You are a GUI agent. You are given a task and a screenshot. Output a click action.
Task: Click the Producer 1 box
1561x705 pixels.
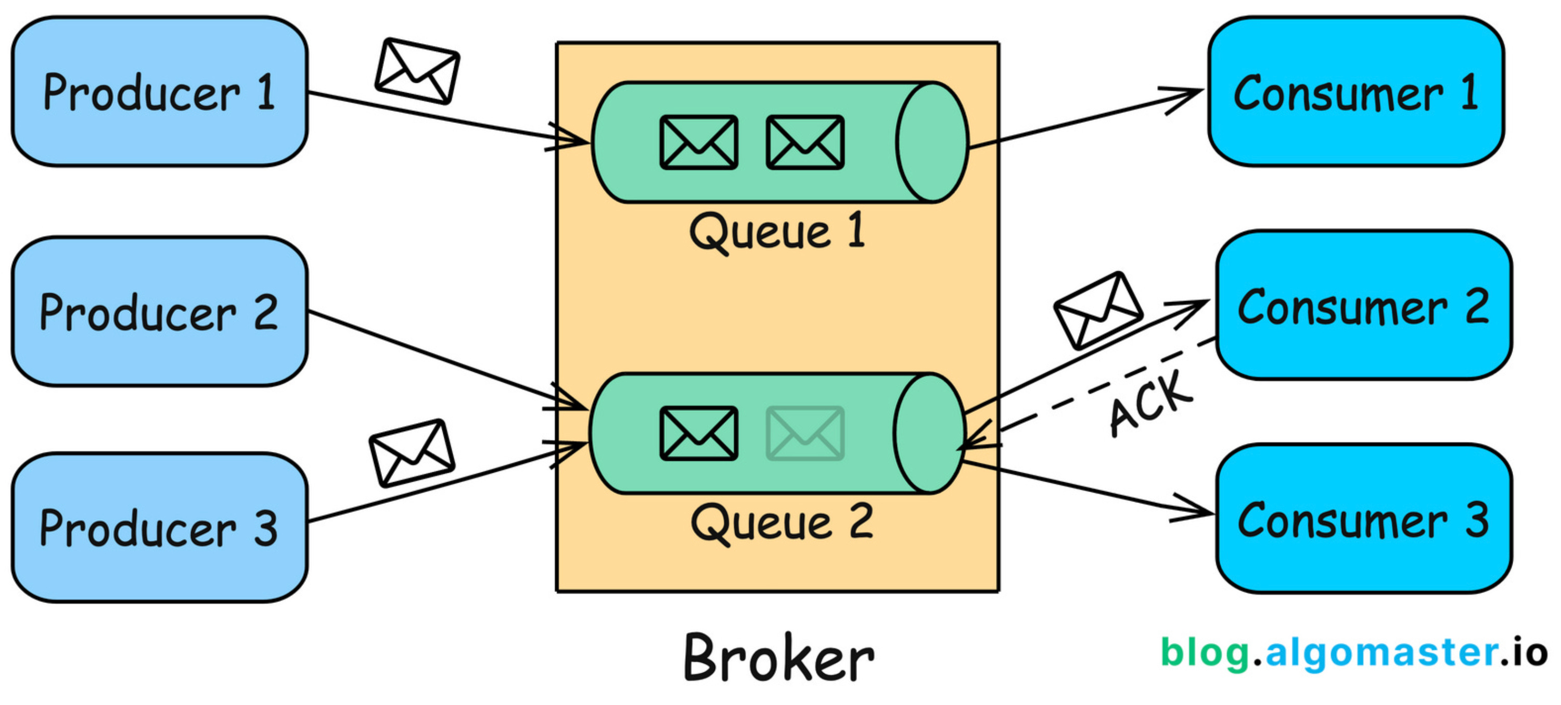point(159,92)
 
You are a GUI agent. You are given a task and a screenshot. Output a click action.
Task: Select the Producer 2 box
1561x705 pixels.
point(159,311)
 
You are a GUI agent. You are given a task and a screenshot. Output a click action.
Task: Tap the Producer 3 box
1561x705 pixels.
point(159,527)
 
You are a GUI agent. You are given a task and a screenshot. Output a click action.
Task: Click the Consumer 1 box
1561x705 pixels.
point(1355,92)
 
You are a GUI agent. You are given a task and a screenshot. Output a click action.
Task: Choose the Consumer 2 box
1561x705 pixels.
point(1363,306)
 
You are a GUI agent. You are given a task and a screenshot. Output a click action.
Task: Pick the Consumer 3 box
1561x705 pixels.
point(1363,519)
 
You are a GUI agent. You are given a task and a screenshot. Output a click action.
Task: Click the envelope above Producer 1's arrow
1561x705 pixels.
point(417,71)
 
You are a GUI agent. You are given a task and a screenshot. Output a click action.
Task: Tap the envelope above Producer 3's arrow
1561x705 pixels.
point(412,452)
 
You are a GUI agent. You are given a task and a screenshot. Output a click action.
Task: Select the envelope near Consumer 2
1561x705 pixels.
point(1098,310)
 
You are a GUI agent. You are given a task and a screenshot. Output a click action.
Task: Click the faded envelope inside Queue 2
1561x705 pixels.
point(805,433)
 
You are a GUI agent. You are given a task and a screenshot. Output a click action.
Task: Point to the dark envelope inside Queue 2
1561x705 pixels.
point(699,433)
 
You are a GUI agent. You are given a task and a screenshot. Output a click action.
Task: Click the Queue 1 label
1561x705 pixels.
point(777,232)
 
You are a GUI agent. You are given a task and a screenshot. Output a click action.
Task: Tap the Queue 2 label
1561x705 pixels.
point(782,523)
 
